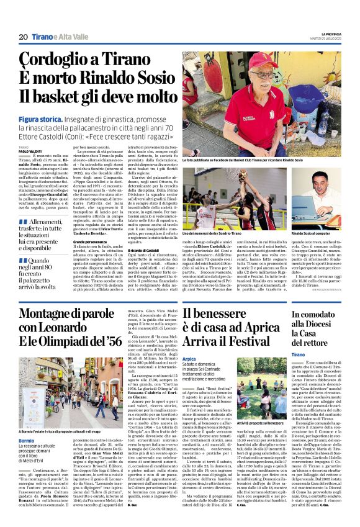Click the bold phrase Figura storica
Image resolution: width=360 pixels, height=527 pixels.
[x=40, y=119]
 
